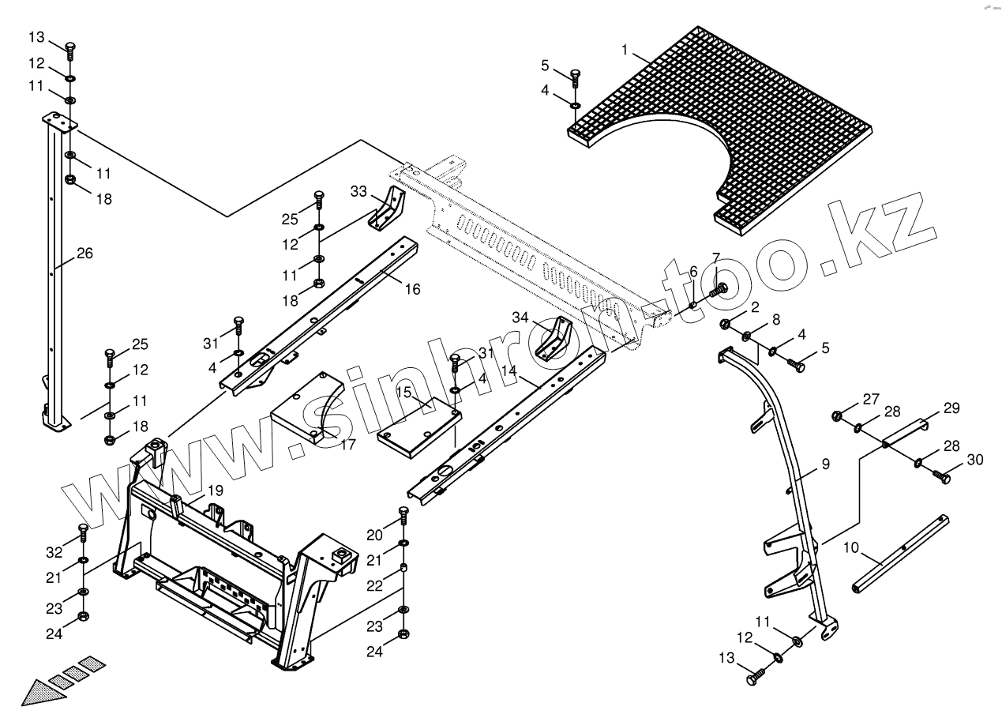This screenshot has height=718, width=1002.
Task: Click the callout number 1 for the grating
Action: pos(625,51)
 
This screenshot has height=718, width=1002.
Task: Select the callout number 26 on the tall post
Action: pos(84,254)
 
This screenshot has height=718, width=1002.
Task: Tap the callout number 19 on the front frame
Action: pos(215,491)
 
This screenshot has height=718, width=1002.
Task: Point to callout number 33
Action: pos(359,191)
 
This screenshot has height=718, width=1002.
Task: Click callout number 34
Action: pos(542,318)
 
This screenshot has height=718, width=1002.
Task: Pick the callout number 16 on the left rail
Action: pos(412,289)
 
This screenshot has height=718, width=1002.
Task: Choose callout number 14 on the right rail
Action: pos(508,370)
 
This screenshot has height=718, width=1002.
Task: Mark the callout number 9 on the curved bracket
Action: pos(825,464)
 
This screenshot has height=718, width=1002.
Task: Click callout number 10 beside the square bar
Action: pos(851,547)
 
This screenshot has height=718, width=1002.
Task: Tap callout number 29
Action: pos(951,408)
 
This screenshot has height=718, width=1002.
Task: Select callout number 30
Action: pos(976,460)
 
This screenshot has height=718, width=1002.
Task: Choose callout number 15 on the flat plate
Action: pos(403,393)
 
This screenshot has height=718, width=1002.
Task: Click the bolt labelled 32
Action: pos(83,531)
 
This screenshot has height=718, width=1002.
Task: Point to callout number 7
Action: pos(715,258)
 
